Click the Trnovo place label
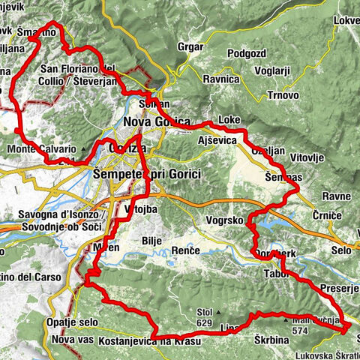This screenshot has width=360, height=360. pyautogui.click(x=282, y=95)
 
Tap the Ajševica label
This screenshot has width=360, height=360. pyautogui.click(x=218, y=140)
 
